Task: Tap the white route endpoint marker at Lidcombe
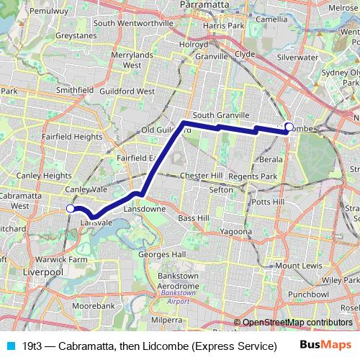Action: tap(289, 127)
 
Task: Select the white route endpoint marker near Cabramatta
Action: tap(70, 208)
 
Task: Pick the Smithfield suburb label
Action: tap(75, 90)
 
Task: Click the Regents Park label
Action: tap(258, 176)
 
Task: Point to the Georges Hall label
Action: tap(162, 254)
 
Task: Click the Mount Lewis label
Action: tap(294, 266)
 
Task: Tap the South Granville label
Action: tap(221, 115)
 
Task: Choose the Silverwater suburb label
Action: tap(298, 56)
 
